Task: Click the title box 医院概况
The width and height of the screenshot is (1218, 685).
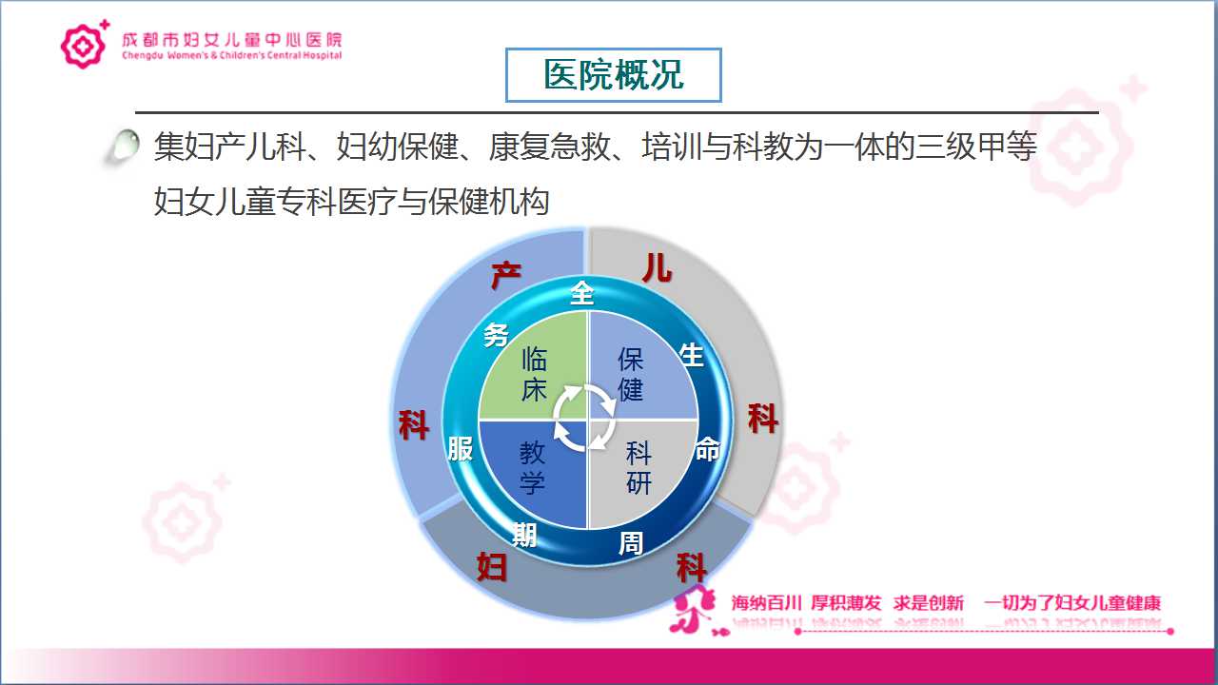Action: pos(614,75)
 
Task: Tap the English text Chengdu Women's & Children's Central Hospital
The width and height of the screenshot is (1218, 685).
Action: pos(232,55)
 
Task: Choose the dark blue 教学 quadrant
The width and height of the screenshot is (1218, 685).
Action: pos(533,474)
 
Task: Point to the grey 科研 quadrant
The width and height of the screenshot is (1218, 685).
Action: pos(641,474)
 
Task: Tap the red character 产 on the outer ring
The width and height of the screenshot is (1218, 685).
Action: pos(506,276)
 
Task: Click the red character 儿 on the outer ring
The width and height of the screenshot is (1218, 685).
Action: pos(658,268)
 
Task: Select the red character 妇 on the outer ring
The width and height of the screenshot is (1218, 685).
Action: pos(492,567)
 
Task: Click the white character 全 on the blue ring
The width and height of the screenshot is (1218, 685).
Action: pos(582,292)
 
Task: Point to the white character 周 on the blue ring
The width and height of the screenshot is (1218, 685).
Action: pos(631,543)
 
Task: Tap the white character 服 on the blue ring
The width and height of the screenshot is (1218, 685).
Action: pos(460,449)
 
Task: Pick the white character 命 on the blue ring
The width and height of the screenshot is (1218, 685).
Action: pos(708,449)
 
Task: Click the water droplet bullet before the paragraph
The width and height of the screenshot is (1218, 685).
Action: pos(123,146)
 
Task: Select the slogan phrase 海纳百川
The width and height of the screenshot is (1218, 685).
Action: pos(766,603)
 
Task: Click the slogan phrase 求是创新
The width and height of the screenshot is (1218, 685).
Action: pos(928,603)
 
